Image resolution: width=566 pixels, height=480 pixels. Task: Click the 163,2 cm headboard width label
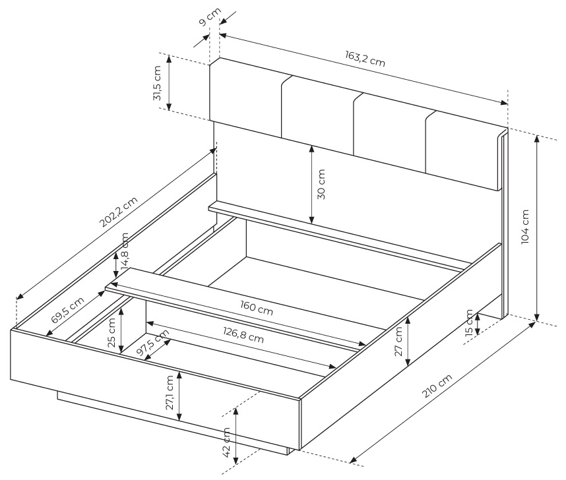pos(365,59)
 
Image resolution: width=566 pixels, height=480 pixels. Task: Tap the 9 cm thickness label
pos(210,17)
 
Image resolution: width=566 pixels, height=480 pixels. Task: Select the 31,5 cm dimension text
pos(157,83)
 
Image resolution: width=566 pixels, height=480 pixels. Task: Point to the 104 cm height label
pos(525,227)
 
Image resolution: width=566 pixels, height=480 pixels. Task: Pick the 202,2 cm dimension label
pos(118,212)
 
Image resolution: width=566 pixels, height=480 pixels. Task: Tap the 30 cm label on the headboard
pos(321,184)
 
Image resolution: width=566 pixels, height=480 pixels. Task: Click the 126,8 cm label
pos(243,336)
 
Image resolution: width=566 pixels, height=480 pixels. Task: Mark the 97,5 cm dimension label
pos(154,343)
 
